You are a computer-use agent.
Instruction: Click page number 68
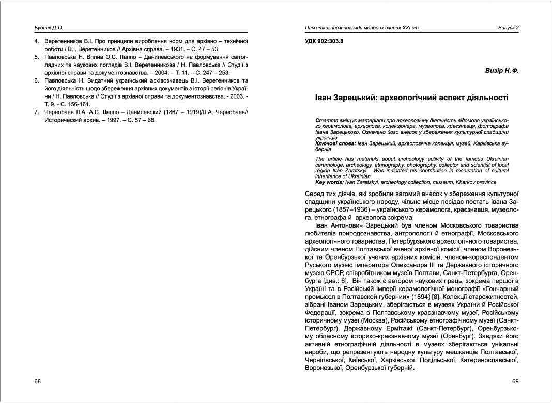pyautogui.click(x=37, y=381)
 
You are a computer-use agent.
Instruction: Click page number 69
pyautogui.click(x=515, y=381)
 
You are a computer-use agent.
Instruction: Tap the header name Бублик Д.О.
pyautogui.click(x=45, y=28)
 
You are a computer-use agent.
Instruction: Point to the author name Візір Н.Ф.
pyautogui.click(x=501, y=71)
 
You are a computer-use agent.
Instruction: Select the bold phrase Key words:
pyautogui.click(x=328, y=182)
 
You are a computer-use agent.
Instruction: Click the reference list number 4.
pyautogui.click(x=37, y=40)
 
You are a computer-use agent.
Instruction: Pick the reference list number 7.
pyautogui.click(x=37, y=112)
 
